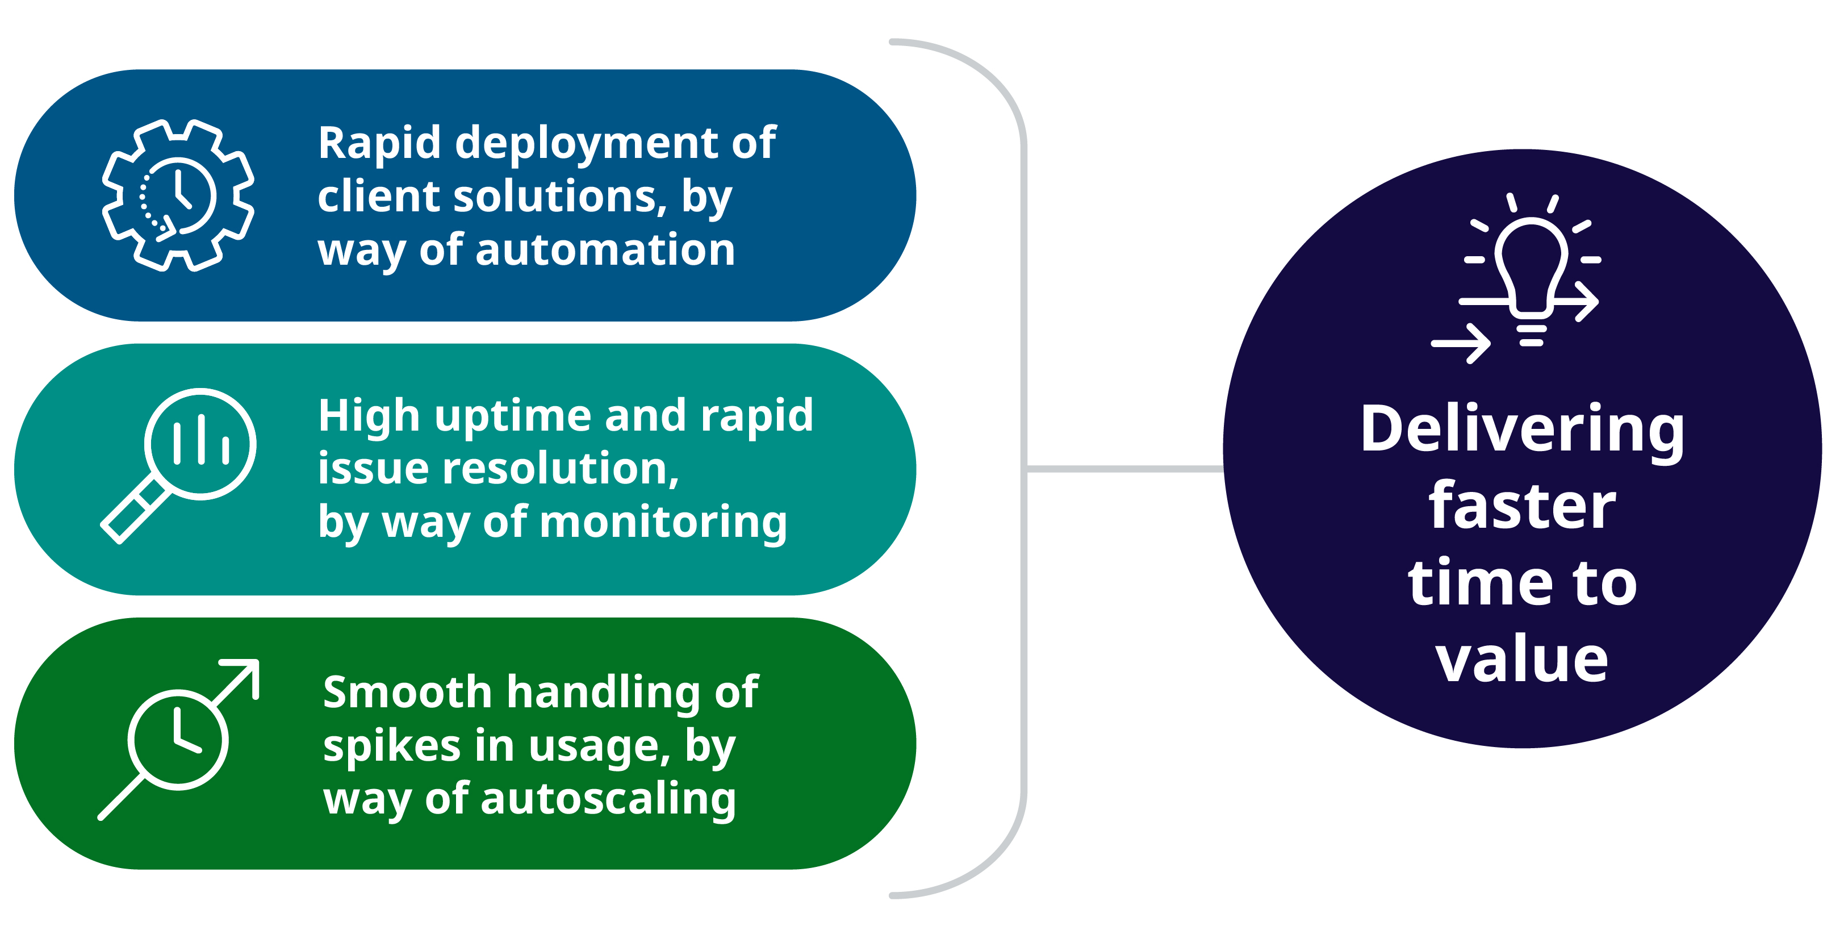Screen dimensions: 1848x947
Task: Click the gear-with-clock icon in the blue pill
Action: pos(178,195)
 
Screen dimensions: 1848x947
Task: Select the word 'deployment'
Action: pos(586,144)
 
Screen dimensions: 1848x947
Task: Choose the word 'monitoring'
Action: pos(663,523)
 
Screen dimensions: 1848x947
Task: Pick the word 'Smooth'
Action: pos(407,692)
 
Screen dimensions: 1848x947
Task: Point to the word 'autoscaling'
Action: pos(608,800)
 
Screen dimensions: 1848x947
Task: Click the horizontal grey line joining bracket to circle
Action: pos(1125,469)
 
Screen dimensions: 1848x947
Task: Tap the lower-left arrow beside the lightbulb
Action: pos(1461,344)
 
